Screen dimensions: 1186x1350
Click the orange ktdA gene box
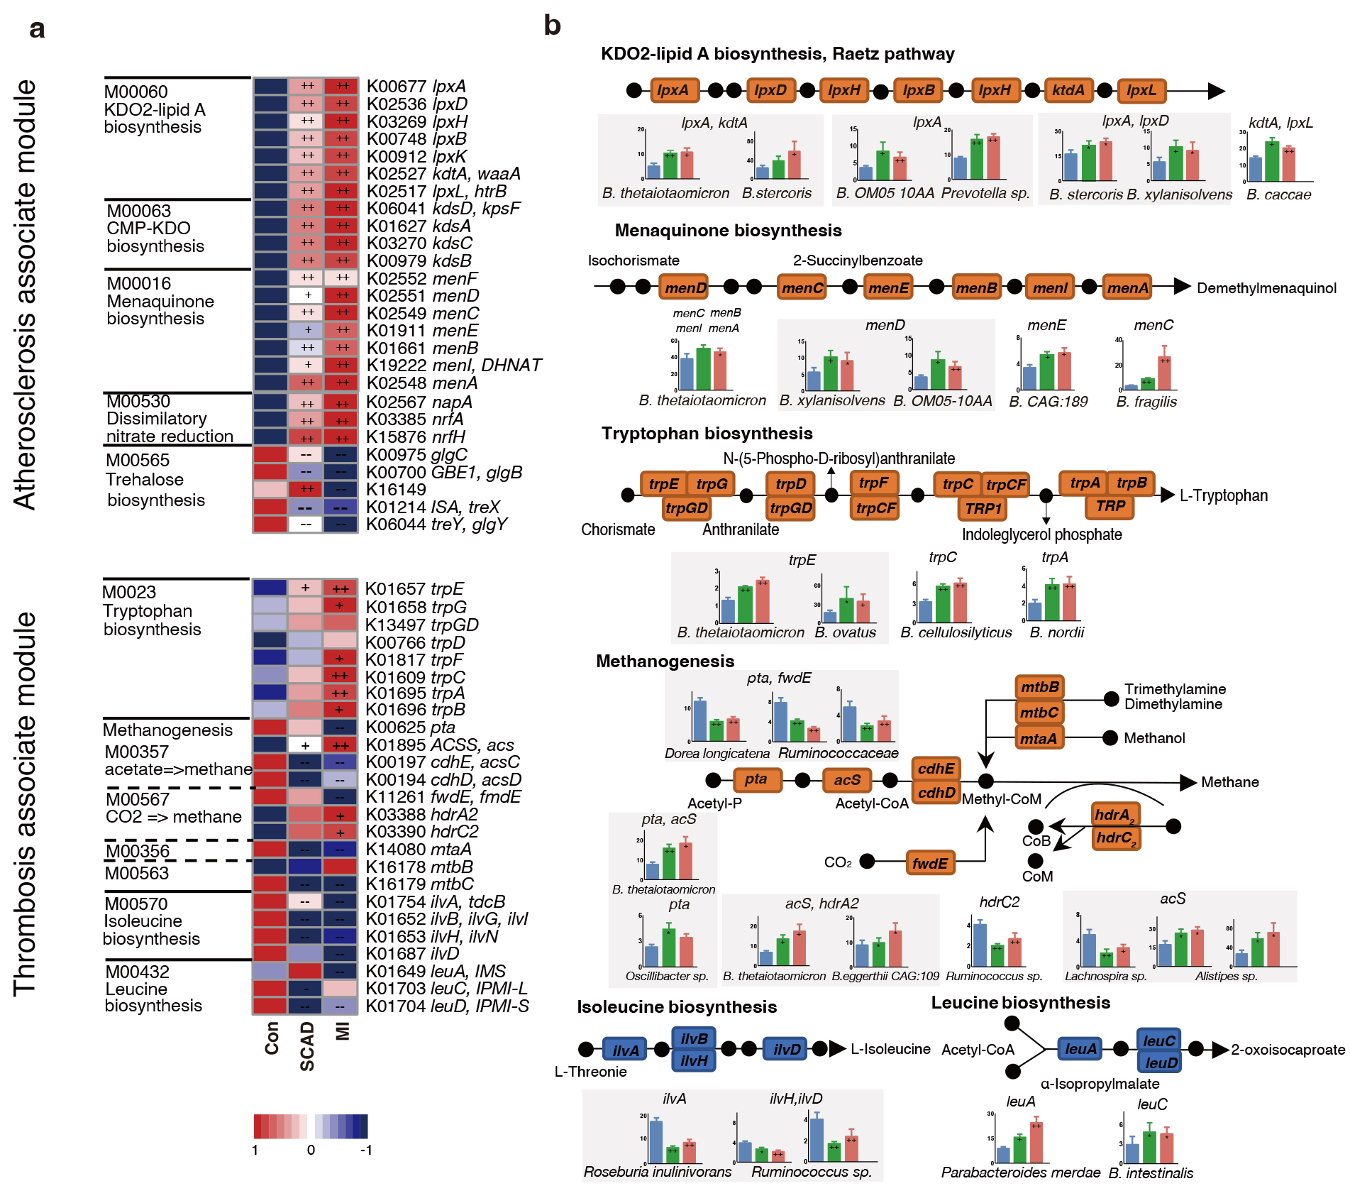coord(1068,90)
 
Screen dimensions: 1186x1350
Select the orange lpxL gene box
coord(1141,90)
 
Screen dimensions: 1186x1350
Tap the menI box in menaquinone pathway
coord(1050,287)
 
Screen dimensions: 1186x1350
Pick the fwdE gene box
coord(929,863)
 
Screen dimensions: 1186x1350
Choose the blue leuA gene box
coord(1080,1049)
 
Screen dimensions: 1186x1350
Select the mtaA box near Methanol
coord(1039,738)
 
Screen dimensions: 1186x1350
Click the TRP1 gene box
coord(983,508)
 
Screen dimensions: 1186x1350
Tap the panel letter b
coord(552,26)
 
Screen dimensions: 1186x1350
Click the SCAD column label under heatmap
coord(307,1046)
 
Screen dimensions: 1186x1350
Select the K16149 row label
coord(397,490)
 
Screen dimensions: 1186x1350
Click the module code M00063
coord(139,211)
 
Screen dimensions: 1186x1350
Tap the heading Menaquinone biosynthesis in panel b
coord(728,231)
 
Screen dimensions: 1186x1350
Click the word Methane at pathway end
coord(1229,782)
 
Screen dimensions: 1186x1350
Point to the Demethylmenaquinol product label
coord(1266,288)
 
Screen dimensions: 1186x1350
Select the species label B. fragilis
coord(1146,402)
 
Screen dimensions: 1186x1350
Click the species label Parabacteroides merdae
coord(1020,1173)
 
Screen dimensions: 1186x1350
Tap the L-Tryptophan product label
coord(1223,495)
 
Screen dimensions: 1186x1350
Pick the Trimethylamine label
coord(1175,689)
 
